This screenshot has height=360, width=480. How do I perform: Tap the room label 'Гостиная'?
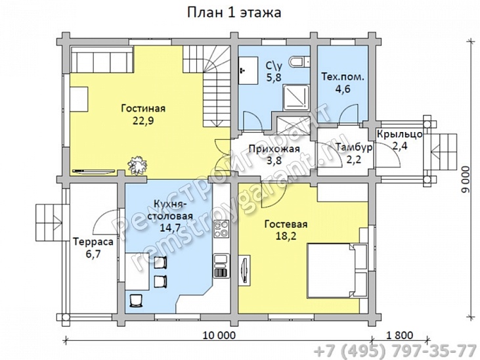coord(142,108)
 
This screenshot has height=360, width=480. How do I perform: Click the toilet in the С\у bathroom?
coord(299,62)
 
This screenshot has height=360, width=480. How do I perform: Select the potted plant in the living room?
coord(137,164)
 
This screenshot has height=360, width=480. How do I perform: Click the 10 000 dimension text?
coord(219,336)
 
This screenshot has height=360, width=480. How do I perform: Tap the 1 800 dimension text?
coord(401,336)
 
